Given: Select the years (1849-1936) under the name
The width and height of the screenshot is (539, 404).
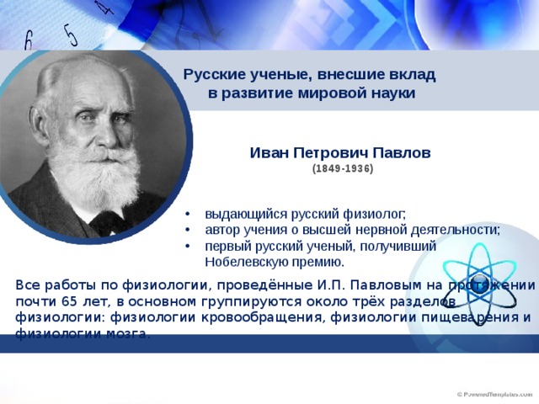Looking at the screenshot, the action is (343, 168).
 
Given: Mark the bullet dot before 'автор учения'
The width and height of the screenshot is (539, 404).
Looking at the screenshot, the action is (187, 230).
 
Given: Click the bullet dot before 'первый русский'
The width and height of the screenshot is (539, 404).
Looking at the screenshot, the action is (187, 247).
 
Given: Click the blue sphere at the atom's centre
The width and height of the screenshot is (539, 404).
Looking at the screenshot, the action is (479, 284).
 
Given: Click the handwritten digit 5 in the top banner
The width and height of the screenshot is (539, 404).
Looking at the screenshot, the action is (71, 35).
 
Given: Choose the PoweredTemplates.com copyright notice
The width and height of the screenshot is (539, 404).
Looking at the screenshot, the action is (494, 395).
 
